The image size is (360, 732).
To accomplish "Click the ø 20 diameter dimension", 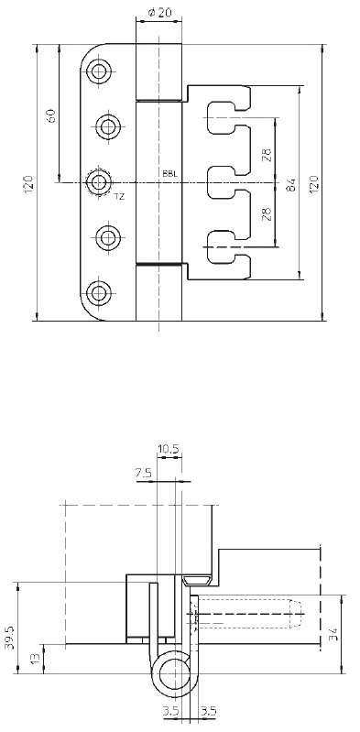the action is click(x=158, y=13).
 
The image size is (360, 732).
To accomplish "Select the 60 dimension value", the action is click(x=51, y=115).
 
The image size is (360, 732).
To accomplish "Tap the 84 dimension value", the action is click(x=291, y=185).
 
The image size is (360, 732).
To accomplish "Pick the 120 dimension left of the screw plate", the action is click(x=28, y=184).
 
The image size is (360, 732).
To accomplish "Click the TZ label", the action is click(x=119, y=197).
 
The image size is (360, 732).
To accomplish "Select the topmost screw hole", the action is click(x=99, y=71).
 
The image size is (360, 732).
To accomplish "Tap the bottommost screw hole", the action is click(x=99, y=292).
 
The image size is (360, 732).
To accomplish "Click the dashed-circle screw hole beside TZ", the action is click(x=99, y=182).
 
